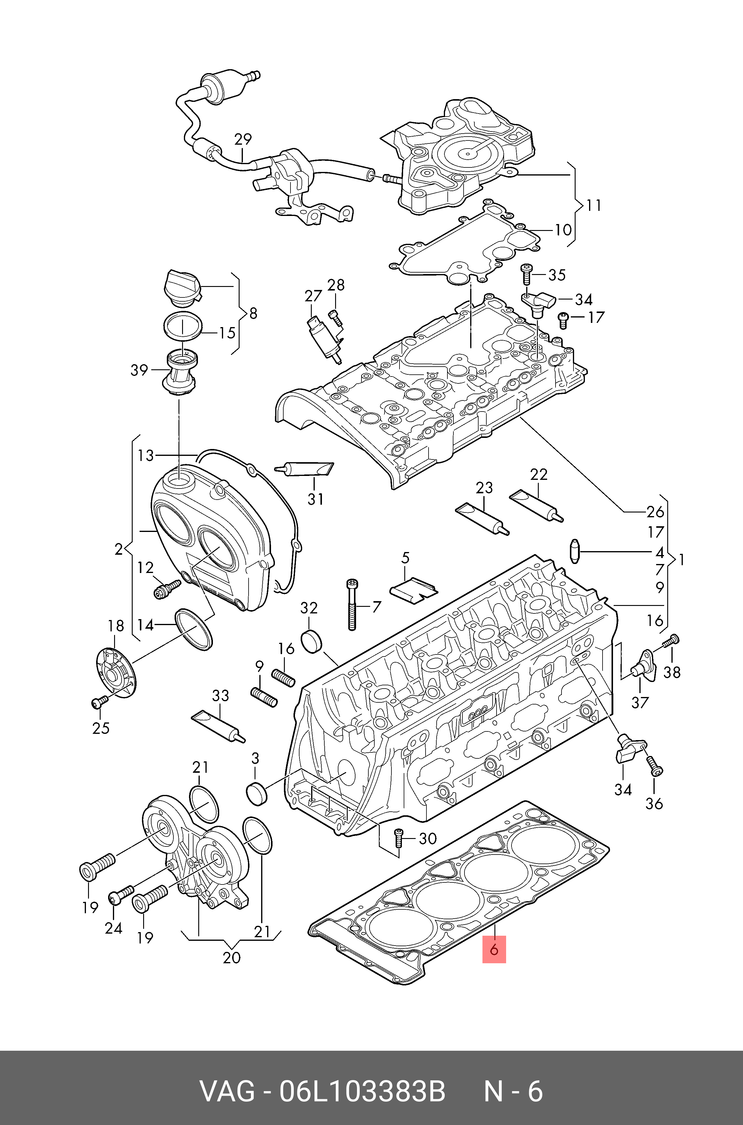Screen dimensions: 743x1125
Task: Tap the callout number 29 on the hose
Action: tap(243, 139)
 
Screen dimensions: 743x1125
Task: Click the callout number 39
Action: tap(139, 370)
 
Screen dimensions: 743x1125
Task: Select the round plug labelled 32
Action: tap(311, 641)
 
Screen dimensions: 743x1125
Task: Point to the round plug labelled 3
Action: tap(257, 794)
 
